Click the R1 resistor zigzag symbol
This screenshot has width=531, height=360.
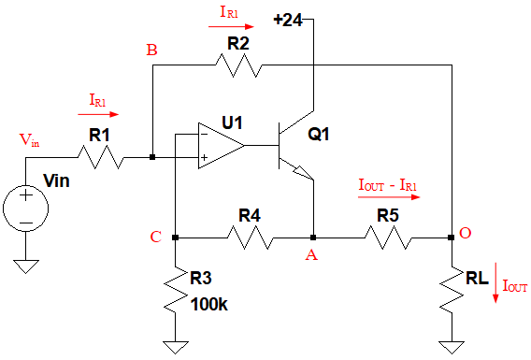coord(101,157)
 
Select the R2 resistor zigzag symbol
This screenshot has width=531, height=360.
coord(238,65)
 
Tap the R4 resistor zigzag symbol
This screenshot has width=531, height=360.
coord(251,238)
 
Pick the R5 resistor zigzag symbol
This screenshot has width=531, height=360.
coord(388,238)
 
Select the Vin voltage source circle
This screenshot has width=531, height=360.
coord(26,209)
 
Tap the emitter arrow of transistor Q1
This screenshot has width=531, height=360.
coord(302,173)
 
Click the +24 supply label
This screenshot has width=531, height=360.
coord(288,20)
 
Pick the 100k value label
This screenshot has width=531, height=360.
coord(209,305)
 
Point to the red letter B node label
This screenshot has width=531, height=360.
coord(151,50)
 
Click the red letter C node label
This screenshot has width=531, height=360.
coord(155,237)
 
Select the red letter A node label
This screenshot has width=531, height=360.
coord(311,254)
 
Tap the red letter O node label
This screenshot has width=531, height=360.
coord(465,233)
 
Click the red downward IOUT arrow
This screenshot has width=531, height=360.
coord(495,282)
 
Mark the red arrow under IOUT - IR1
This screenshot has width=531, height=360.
coord(389,196)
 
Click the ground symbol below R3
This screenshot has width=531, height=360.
coord(176,348)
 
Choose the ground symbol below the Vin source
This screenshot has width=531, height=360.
coord(26,266)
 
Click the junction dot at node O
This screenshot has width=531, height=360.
coord(452,238)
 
